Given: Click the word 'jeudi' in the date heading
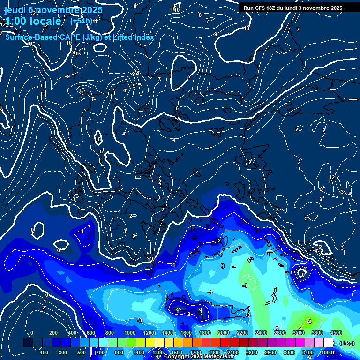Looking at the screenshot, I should pos(15,10).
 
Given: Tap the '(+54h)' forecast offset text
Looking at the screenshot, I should pos(81,21).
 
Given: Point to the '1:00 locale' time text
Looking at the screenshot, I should pos(33,21).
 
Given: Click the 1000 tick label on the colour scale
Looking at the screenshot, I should pos(130,333).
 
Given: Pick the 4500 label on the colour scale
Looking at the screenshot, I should pos(336,333).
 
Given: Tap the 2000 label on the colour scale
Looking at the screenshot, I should pos(224,333).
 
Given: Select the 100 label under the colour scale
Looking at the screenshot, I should pos(45,352).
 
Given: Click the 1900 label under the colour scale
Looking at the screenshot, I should pos(214,352).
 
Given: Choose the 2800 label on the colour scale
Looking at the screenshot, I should pos(280,333).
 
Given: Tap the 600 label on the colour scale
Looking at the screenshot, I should pos(91,333).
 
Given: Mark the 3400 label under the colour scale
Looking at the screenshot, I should pos(308,352).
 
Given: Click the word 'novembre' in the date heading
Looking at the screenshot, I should pos(53,10).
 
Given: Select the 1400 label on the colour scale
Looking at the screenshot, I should pos(167,333).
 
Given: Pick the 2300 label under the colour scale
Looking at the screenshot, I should pos(252,352).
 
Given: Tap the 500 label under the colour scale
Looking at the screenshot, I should pos(82,352).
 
